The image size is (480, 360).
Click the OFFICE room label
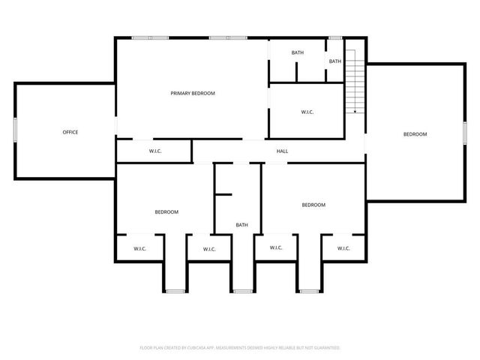click(70, 132)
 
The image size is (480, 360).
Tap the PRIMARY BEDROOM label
click(193, 93)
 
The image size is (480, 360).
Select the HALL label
click(282, 151)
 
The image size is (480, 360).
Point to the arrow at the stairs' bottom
click(355, 111)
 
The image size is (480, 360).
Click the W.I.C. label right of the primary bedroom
click(307, 112)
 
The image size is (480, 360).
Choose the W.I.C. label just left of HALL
click(155, 151)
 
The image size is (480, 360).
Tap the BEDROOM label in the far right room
click(415, 134)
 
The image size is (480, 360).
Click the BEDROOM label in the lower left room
click(166, 211)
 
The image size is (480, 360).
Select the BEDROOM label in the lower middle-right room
click(313, 205)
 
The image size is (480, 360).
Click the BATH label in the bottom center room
click(242, 225)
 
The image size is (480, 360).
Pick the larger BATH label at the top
click(298, 52)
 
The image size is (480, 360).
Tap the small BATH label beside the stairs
click(334, 61)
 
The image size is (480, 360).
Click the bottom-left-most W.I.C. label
click(140, 248)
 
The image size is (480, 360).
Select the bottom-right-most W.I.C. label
click(343, 248)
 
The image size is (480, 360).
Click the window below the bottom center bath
click(241, 291)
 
